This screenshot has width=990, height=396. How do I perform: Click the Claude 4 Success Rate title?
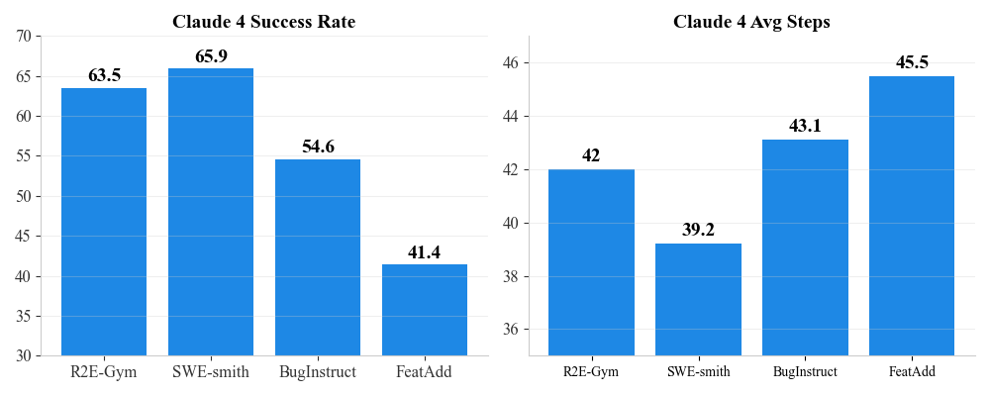pos(263,21)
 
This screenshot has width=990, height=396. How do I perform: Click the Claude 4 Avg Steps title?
pos(751,21)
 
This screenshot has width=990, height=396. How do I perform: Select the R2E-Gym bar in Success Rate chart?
pos(104,222)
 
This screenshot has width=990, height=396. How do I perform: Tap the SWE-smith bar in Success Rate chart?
pos(211,212)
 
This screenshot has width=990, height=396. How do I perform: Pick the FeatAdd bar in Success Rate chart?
pos(425,310)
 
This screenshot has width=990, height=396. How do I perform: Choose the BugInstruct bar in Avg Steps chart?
pos(805,247)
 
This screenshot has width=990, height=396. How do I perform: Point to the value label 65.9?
pos(211,56)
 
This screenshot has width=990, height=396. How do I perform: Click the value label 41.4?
pos(425,252)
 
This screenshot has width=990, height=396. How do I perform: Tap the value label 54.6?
pos(318,147)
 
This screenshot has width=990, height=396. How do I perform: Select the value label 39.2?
pos(698,230)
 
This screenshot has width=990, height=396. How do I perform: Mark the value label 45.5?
pos(912,62)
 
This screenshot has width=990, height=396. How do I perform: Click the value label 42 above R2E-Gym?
pos(591,155)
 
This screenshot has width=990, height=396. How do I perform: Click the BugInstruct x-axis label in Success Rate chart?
pos(318,372)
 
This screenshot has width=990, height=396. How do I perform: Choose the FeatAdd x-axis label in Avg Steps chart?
pos(912,372)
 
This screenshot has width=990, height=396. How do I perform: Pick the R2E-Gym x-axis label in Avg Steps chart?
pos(591,372)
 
